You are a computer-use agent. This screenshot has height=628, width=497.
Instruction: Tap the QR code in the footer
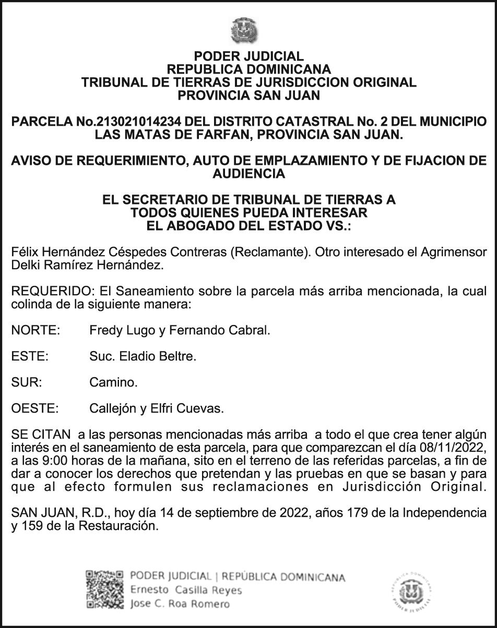click(105, 590)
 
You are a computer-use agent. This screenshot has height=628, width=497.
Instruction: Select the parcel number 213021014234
click(138, 122)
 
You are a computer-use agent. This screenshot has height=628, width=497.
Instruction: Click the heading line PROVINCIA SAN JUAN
click(249, 95)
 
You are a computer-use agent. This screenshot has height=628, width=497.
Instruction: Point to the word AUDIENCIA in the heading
click(249, 174)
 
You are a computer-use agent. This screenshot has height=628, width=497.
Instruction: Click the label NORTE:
click(35, 330)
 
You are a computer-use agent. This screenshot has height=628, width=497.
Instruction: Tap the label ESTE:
click(30, 357)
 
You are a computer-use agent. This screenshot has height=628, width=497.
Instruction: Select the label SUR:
click(26, 383)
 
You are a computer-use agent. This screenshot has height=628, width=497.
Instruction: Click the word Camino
click(113, 383)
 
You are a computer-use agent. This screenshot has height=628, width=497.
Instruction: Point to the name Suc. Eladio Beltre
click(143, 357)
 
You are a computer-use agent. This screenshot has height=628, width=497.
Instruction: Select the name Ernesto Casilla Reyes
click(186, 590)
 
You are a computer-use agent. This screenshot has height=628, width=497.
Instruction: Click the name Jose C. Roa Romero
click(180, 604)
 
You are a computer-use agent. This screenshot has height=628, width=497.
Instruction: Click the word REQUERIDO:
click(44, 291)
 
